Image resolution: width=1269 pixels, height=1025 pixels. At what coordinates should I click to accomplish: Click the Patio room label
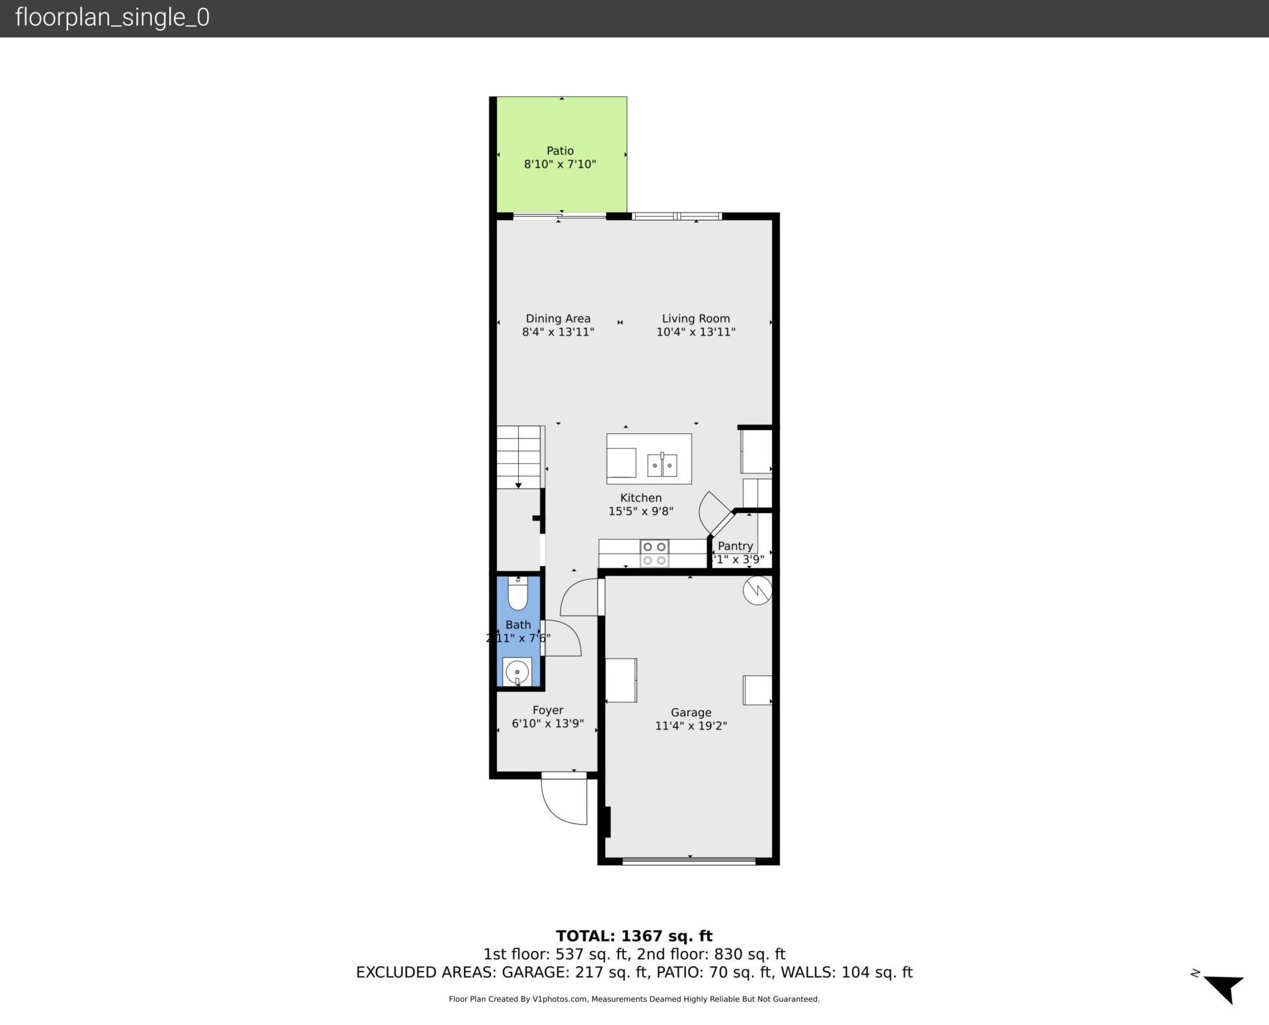pyautogui.click(x=560, y=151)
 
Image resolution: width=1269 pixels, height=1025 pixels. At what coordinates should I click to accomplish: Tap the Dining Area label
pyautogui.click(x=558, y=318)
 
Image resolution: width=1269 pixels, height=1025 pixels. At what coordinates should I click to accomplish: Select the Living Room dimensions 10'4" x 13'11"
pyautogui.click(x=695, y=332)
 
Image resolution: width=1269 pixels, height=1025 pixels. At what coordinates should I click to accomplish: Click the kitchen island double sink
pyautogui.click(x=662, y=465)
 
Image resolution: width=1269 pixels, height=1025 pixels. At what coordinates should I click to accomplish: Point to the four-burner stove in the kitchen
pyautogui.click(x=654, y=553)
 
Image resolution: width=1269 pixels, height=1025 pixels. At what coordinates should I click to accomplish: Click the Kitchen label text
pyautogui.click(x=640, y=498)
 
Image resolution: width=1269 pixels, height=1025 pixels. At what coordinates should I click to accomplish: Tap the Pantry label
pyautogui.click(x=735, y=546)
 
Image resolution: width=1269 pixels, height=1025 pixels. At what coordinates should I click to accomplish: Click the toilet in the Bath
pyautogui.click(x=518, y=594)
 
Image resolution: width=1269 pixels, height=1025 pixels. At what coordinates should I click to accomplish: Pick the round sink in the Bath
pyautogui.click(x=517, y=672)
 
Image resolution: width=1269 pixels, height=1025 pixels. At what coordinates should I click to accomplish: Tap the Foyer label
pyautogui.click(x=548, y=710)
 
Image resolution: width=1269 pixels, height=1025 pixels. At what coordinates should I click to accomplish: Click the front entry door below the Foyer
pyautogui.click(x=563, y=800)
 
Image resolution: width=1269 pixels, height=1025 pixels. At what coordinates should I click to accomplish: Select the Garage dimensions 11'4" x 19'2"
pyautogui.click(x=691, y=726)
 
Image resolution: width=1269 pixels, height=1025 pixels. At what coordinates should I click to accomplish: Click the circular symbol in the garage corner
pyautogui.click(x=757, y=590)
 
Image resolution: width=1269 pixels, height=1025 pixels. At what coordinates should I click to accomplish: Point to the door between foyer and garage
pyautogui.click(x=578, y=596)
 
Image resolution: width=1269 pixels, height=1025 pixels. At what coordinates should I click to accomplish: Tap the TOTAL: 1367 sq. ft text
pyautogui.click(x=634, y=936)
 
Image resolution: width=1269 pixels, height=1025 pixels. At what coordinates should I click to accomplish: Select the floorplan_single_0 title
pyautogui.click(x=112, y=17)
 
